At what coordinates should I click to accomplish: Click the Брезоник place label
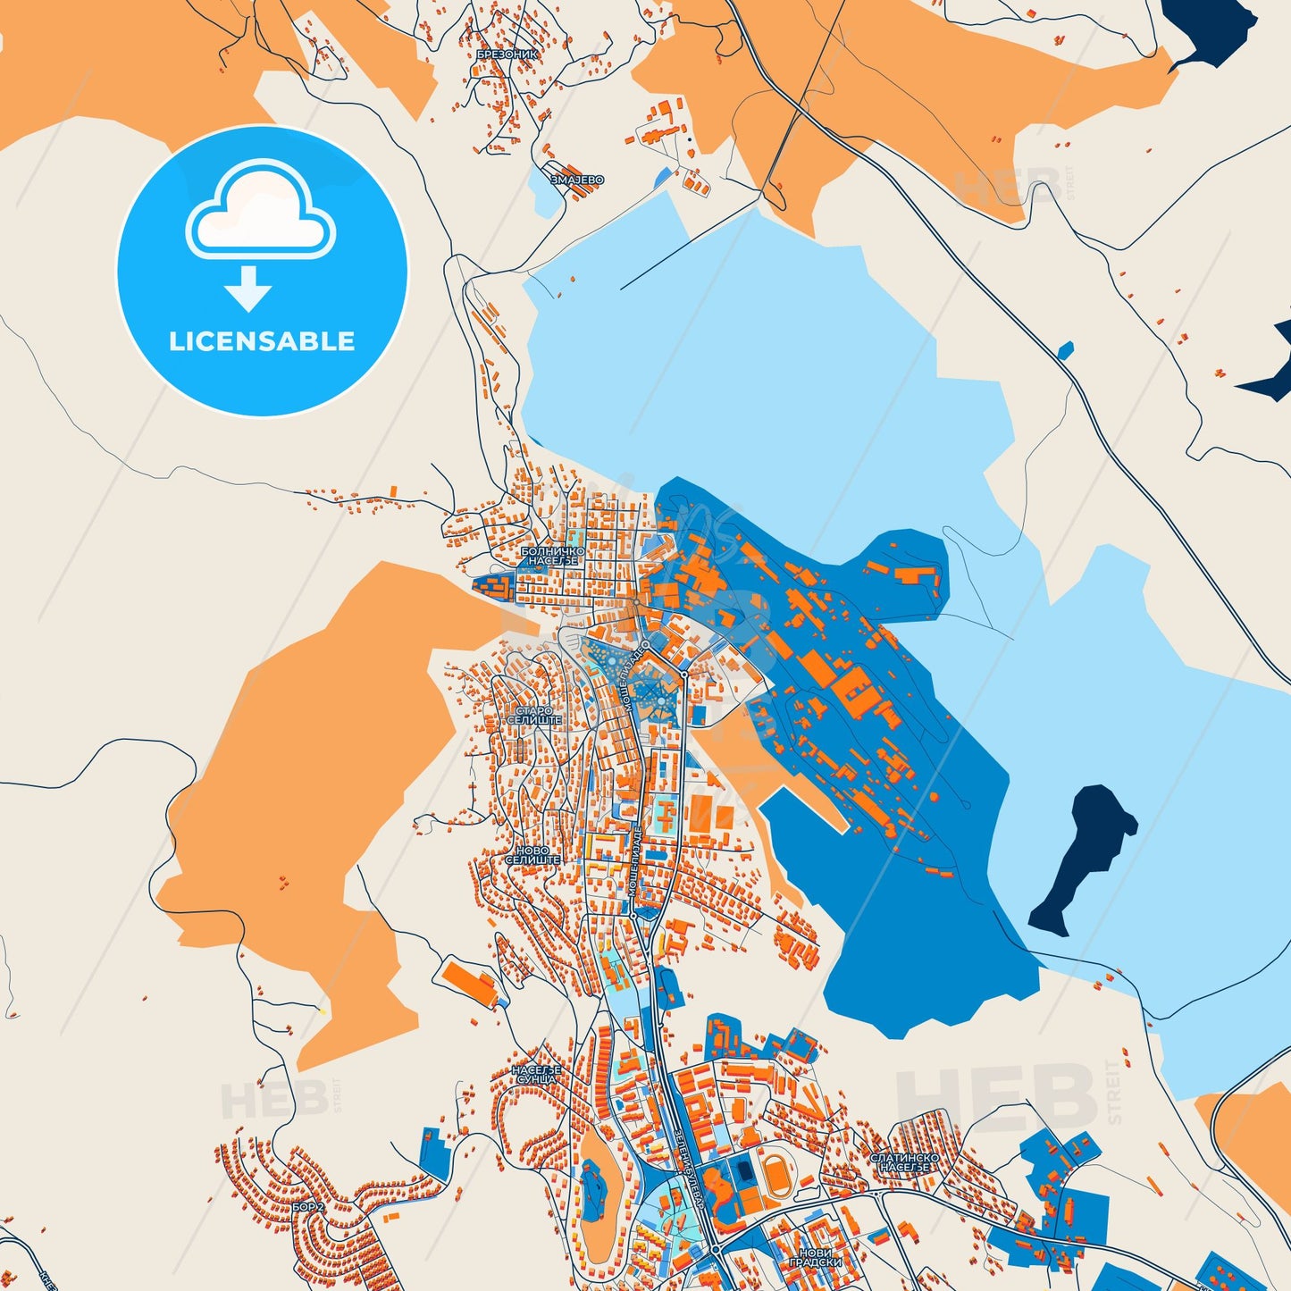(x=507, y=54)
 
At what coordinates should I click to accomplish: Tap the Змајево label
(x=576, y=180)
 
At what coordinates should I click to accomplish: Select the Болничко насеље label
(x=552, y=557)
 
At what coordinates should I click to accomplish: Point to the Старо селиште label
(x=534, y=715)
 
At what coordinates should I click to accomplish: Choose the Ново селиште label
(x=532, y=855)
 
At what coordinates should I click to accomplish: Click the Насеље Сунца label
(x=536, y=1074)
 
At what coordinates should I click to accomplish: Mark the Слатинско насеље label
(x=904, y=1161)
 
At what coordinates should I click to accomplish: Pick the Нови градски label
(x=815, y=1258)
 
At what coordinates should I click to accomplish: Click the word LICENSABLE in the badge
(x=262, y=341)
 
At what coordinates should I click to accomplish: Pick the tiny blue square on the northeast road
(x=1065, y=349)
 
